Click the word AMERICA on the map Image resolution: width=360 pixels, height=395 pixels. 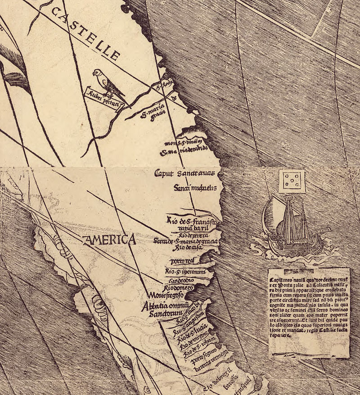click(109, 240)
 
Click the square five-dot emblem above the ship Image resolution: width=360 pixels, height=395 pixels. click(292, 182)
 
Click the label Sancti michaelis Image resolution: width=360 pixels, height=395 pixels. click(195, 187)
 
